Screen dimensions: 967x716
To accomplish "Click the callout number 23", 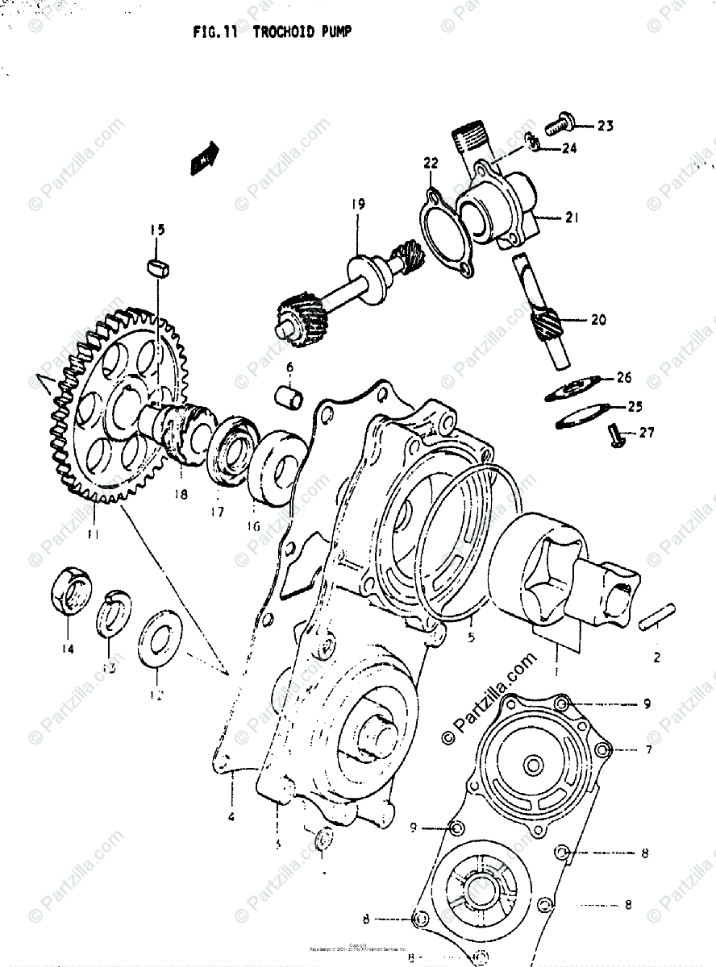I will pyautogui.click(x=605, y=125).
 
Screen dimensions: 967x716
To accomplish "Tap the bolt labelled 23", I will pyautogui.click(x=558, y=125).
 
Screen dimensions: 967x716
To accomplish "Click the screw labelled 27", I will pyautogui.click(x=617, y=433).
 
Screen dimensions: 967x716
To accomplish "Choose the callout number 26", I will pyautogui.click(x=624, y=377).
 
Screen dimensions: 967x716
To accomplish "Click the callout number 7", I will pyautogui.click(x=647, y=749).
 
